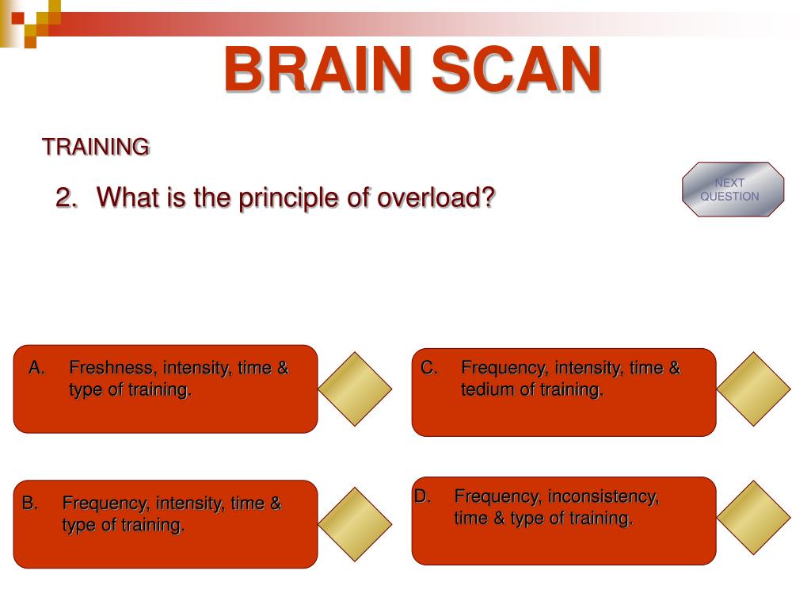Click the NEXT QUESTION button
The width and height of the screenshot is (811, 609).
733,189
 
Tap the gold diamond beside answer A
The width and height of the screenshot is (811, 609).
355,389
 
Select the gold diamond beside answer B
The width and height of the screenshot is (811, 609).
355,524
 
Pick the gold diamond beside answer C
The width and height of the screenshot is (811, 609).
754,389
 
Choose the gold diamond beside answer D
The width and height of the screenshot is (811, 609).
754,517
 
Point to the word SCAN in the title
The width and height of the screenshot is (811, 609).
516,69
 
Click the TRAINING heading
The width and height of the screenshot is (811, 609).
96,147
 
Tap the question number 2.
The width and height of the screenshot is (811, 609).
67,197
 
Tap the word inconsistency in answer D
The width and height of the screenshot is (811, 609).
603,497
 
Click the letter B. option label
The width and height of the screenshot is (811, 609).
29,503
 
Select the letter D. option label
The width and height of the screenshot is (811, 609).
422,496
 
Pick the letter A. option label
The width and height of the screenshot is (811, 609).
36,368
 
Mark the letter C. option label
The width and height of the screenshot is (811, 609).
429,368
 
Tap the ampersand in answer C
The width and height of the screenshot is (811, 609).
675,368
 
